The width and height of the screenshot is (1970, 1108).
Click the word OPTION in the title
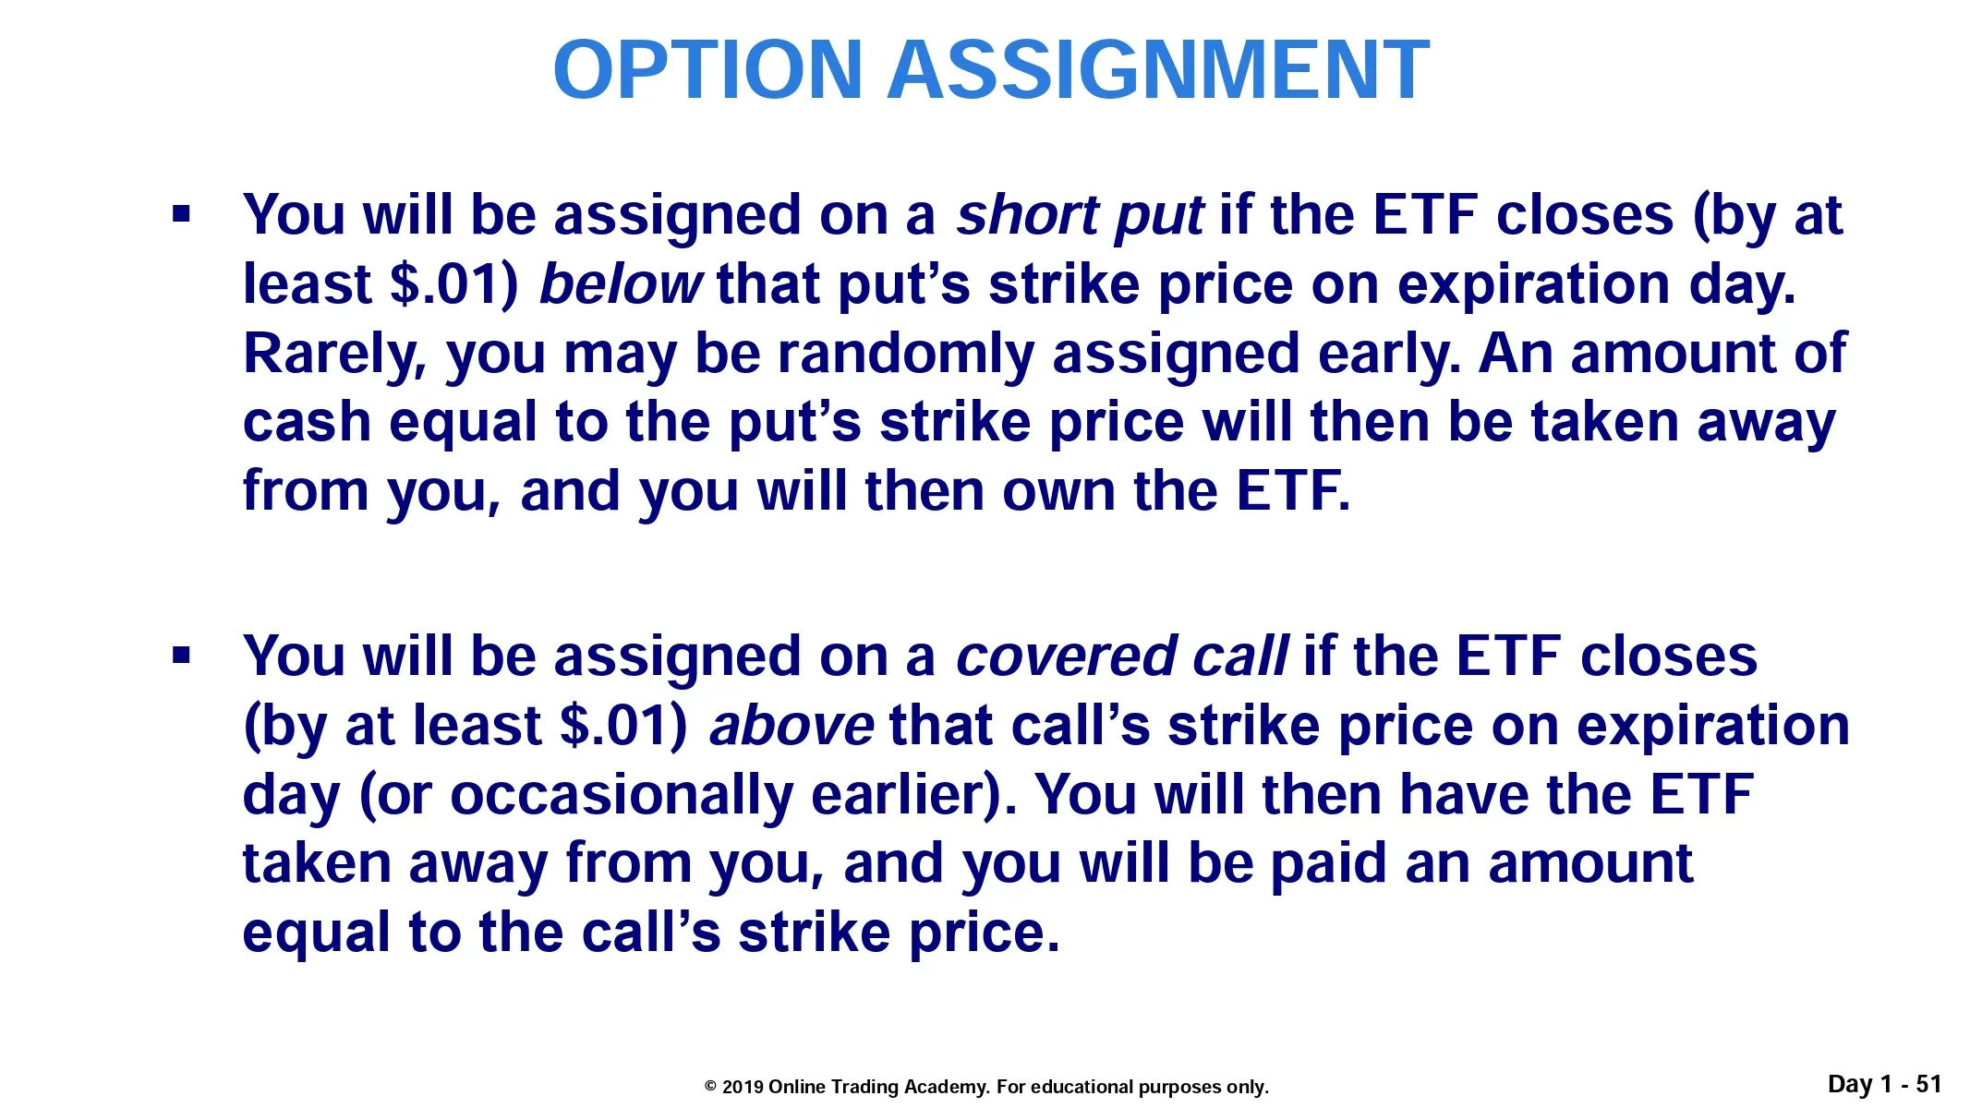707,70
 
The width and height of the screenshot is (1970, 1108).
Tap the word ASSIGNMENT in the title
1158,70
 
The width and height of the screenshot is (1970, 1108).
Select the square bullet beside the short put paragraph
181,215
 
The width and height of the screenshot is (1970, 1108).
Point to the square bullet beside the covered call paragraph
181,656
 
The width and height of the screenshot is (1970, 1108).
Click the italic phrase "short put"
1080,216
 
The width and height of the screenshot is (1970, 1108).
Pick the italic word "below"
621,284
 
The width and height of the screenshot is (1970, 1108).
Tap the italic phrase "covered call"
1121,656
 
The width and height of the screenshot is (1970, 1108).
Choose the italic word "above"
791,726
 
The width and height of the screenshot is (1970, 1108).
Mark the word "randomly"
904,355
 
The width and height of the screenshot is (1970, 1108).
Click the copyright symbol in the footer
711,1088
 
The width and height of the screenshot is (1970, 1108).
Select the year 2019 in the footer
743,1088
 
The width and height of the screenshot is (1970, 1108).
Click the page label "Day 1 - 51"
1884,1085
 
